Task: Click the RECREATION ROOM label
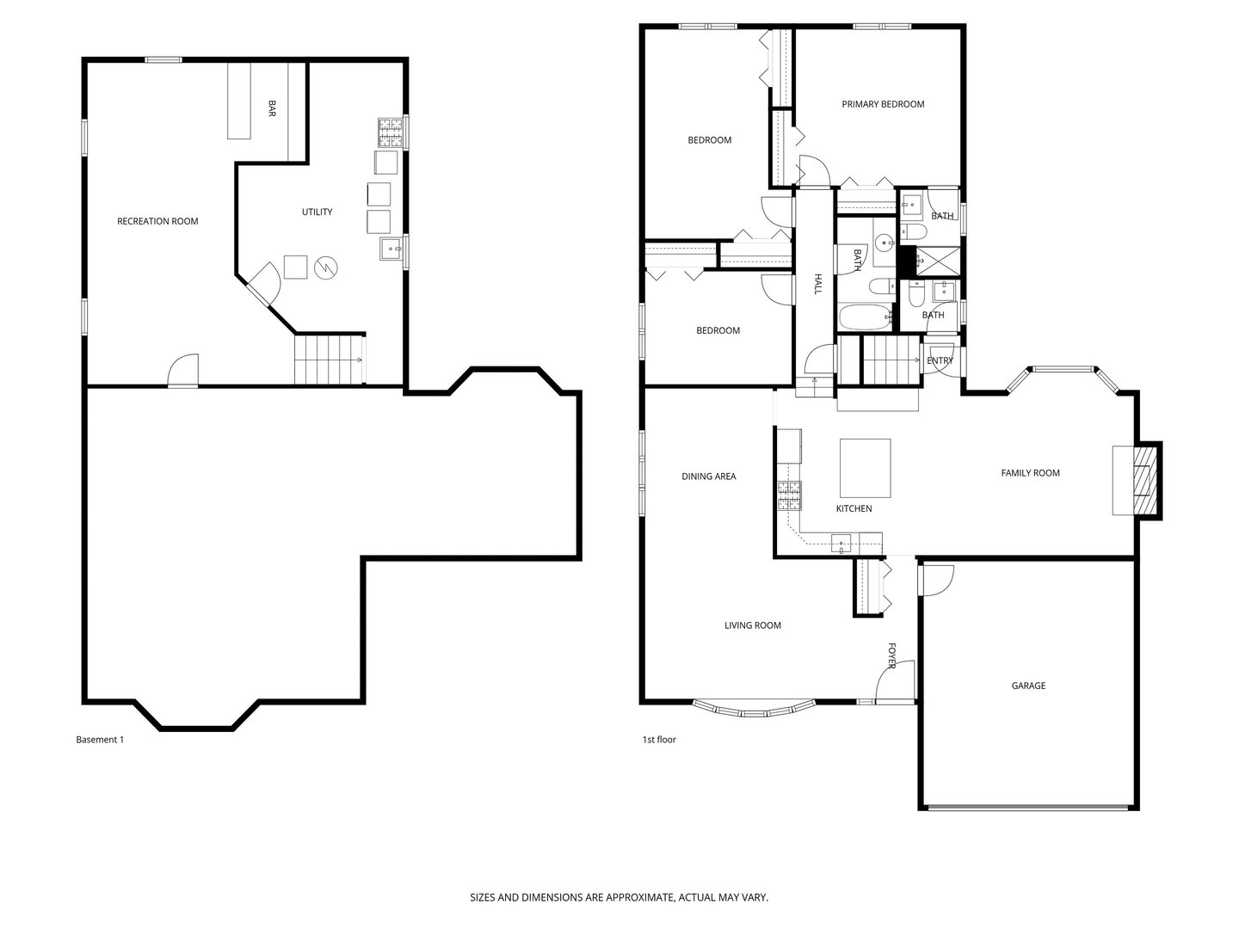tap(157, 221)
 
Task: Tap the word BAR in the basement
tap(272, 108)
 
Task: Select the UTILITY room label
tap(317, 212)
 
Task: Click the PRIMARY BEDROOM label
tap(883, 104)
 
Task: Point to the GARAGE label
tap(1028, 686)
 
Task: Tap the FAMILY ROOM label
tap(1030, 472)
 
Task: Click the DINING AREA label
tap(709, 476)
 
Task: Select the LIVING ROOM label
tap(753, 625)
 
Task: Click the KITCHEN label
tap(854, 508)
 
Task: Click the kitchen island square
tap(865, 464)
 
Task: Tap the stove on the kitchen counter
tap(789, 496)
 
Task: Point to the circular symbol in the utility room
tap(326, 268)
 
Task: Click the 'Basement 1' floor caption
tap(100, 739)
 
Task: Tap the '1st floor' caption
tap(659, 739)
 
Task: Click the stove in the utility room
tap(390, 132)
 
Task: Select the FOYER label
tap(891, 655)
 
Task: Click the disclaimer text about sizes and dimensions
tap(619, 897)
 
